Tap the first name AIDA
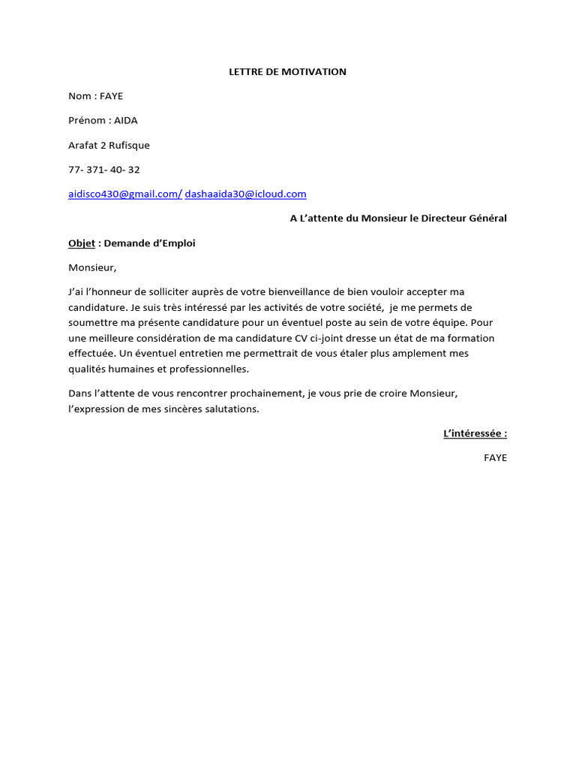pos(126,120)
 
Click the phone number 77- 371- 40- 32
pos(104,170)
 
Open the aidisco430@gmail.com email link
pos(124,194)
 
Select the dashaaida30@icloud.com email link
pos(246,194)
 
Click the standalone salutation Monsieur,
pos(93,267)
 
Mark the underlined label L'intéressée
pos(475,433)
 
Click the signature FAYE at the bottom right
pos(495,457)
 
